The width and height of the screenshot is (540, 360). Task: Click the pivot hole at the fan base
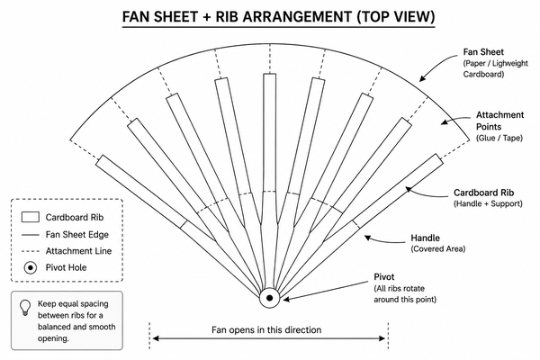click(x=270, y=298)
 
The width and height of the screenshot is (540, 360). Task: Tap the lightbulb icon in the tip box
click(x=25, y=307)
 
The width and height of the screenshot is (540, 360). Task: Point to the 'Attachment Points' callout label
click(x=499, y=121)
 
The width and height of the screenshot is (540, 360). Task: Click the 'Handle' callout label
click(x=425, y=238)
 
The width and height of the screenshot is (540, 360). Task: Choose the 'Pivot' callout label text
click(x=384, y=277)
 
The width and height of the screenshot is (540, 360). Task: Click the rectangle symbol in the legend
click(x=31, y=217)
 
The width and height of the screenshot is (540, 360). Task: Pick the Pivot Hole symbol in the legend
click(x=31, y=267)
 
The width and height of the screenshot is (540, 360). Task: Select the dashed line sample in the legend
click(x=31, y=251)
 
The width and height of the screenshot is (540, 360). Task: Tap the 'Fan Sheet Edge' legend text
click(x=77, y=235)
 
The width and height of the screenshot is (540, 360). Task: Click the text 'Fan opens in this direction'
click(x=266, y=330)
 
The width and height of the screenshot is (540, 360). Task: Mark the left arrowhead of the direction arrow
click(x=156, y=338)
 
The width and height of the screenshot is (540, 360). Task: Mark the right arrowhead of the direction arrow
click(x=382, y=338)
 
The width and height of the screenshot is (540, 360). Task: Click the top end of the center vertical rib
click(x=270, y=74)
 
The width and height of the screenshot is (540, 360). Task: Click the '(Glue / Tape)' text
click(x=499, y=138)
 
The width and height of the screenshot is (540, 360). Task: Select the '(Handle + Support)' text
click(x=488, y=203)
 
